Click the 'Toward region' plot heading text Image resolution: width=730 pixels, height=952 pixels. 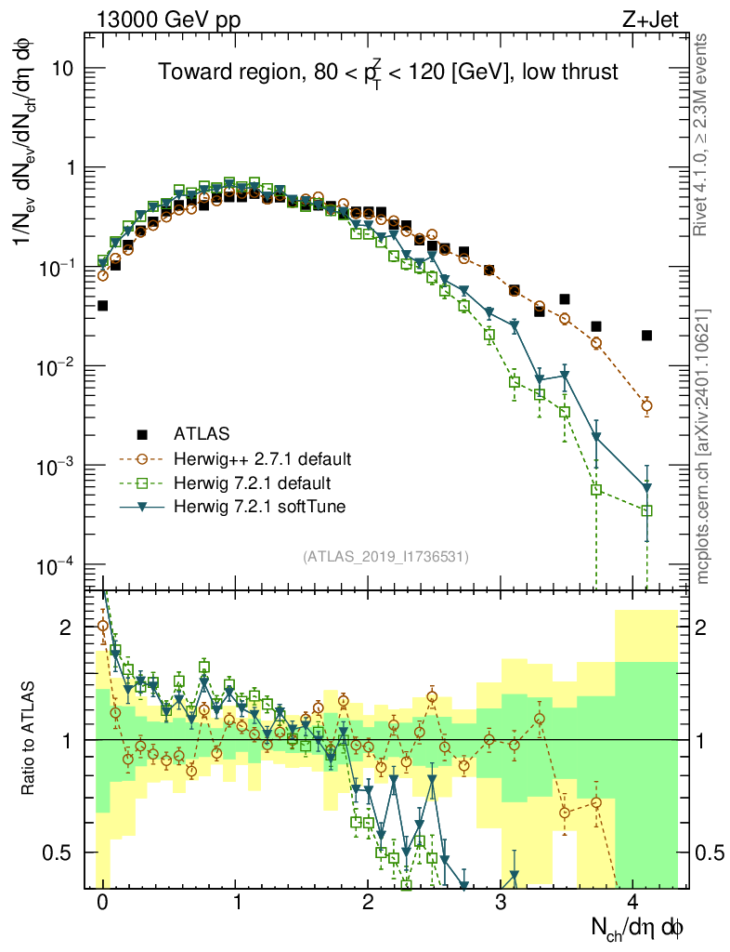click(x=387, y=73)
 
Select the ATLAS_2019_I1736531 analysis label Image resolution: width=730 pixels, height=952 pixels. click(x=385, y=556)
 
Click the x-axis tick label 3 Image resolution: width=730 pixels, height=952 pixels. click(x=502, y=904)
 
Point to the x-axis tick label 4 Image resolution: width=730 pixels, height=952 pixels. click(x=634, y=904)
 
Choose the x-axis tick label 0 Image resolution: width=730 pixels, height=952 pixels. click(x=102, y=904)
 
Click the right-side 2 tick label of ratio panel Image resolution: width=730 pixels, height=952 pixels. click(x=703, y=628)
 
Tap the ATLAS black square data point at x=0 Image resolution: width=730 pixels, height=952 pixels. click(x=102, y=305)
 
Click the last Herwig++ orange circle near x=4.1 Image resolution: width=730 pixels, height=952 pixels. click(x=646, y=405)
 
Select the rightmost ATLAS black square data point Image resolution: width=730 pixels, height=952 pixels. click(x=646, y=336)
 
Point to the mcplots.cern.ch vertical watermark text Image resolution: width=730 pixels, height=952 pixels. click(x=702, y=446)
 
